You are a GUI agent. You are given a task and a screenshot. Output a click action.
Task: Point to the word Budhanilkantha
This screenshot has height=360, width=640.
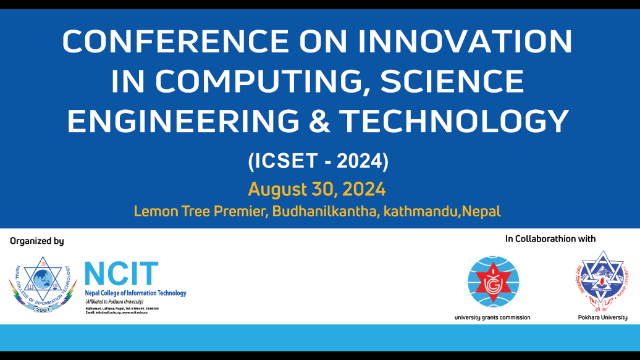[325, 211]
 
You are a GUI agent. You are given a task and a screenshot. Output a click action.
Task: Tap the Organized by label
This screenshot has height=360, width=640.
[37, 241]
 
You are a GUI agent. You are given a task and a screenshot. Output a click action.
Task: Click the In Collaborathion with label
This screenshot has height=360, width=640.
[550, 238]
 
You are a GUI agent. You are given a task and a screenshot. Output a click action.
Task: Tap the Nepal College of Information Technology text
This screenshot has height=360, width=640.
[135, 293]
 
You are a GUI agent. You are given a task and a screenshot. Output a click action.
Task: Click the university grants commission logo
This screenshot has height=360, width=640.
[493, 282]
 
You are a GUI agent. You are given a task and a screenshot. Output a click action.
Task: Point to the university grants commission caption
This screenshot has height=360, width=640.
[492, 318]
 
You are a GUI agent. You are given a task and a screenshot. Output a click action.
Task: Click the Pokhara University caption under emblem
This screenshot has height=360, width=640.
[598, 318]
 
